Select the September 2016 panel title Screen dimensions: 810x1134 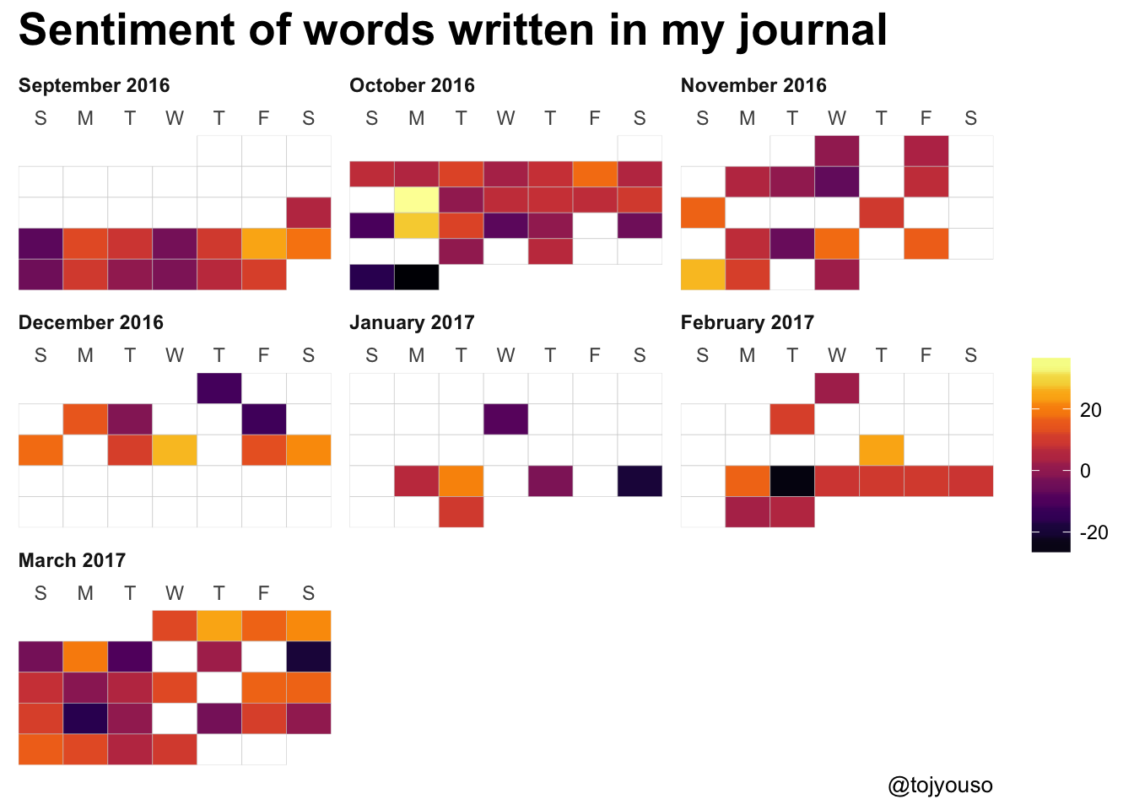94,85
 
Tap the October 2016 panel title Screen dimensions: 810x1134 412,85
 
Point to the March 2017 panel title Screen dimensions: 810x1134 72,560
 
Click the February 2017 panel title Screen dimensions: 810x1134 747,322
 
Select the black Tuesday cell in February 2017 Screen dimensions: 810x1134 792,481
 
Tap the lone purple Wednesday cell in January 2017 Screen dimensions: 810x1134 506,419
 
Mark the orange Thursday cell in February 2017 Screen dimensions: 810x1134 882,450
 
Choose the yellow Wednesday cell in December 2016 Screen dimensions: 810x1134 175,450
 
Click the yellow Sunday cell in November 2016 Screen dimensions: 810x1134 703,275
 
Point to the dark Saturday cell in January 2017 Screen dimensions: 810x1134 640,481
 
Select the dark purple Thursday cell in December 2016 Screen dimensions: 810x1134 219,388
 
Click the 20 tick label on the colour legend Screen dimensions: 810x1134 1090,410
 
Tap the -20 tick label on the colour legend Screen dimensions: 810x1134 1093,532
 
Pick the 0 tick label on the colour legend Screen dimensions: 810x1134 1085,471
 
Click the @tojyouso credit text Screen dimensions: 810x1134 940,786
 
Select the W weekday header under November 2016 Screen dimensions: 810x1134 837,119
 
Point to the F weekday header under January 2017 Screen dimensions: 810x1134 595,356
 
